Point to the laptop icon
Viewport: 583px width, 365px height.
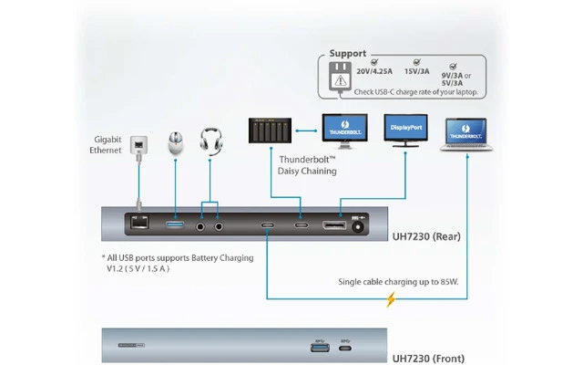[468, 136]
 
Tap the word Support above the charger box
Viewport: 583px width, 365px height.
[348, 54]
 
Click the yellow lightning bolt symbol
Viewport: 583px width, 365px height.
[392, 298]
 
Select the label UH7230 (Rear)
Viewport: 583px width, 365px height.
[427, 236]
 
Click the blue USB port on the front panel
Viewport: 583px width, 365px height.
[319, 345]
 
